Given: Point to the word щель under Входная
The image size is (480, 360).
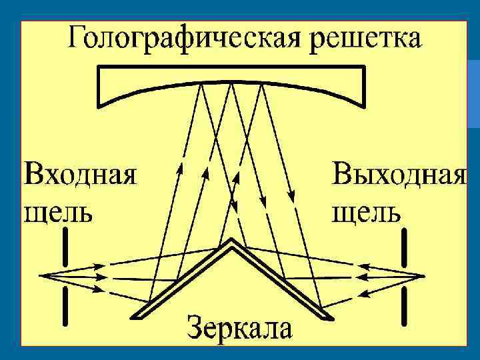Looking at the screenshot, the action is (x=58, y=211).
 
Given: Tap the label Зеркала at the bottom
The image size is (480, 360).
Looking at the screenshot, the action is (x=239, y=329).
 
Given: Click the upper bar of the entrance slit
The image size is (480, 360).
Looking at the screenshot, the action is (x=65, y=247).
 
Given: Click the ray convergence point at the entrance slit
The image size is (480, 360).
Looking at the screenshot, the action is (x=41, y=275).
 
